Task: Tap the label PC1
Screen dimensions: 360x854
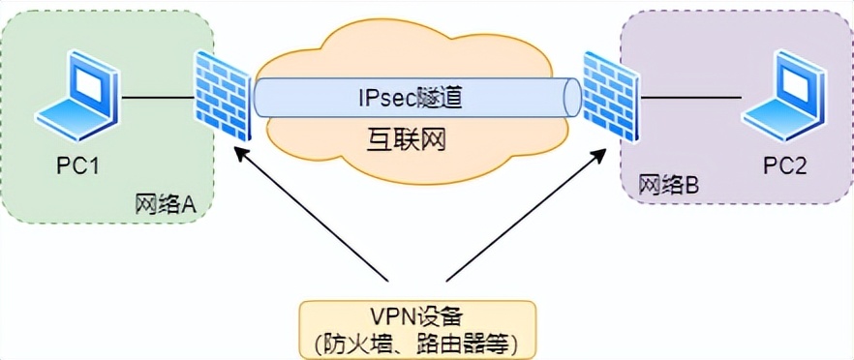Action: point(76,165)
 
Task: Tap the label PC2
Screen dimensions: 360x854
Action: point(784,165)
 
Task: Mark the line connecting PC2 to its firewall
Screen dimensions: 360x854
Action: point(689,97)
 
